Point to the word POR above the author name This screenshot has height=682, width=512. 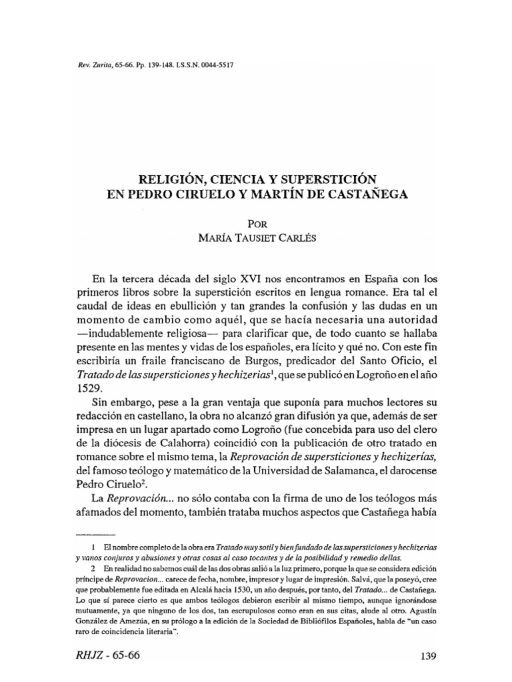tap(256, 224)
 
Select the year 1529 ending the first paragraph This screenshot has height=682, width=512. tap(90, 390)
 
